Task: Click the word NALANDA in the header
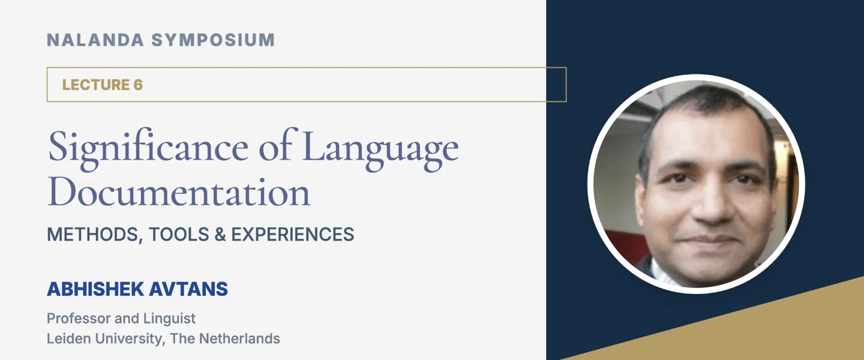pos(95,40)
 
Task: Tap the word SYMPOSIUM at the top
pos(213,40)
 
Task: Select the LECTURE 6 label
pos(102,85)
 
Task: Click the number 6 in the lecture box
pos(138,85)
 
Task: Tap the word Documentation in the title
pos(179,193)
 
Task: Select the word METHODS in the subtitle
pos(94,234)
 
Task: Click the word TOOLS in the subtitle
pos(179,234)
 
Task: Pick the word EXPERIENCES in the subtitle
pos(293,234)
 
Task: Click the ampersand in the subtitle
pos(220,234)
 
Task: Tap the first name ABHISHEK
pos(93,289)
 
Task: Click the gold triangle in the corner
pos(780,330)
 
